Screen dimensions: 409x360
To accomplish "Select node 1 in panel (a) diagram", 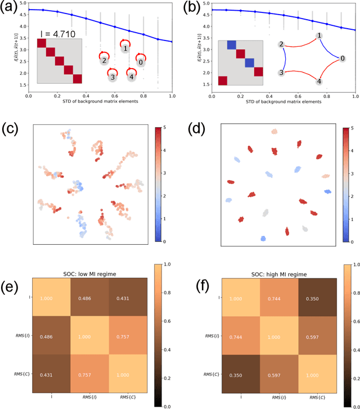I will [x=125, y=49].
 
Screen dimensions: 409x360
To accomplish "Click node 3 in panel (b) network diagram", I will [x=281, y=73].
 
